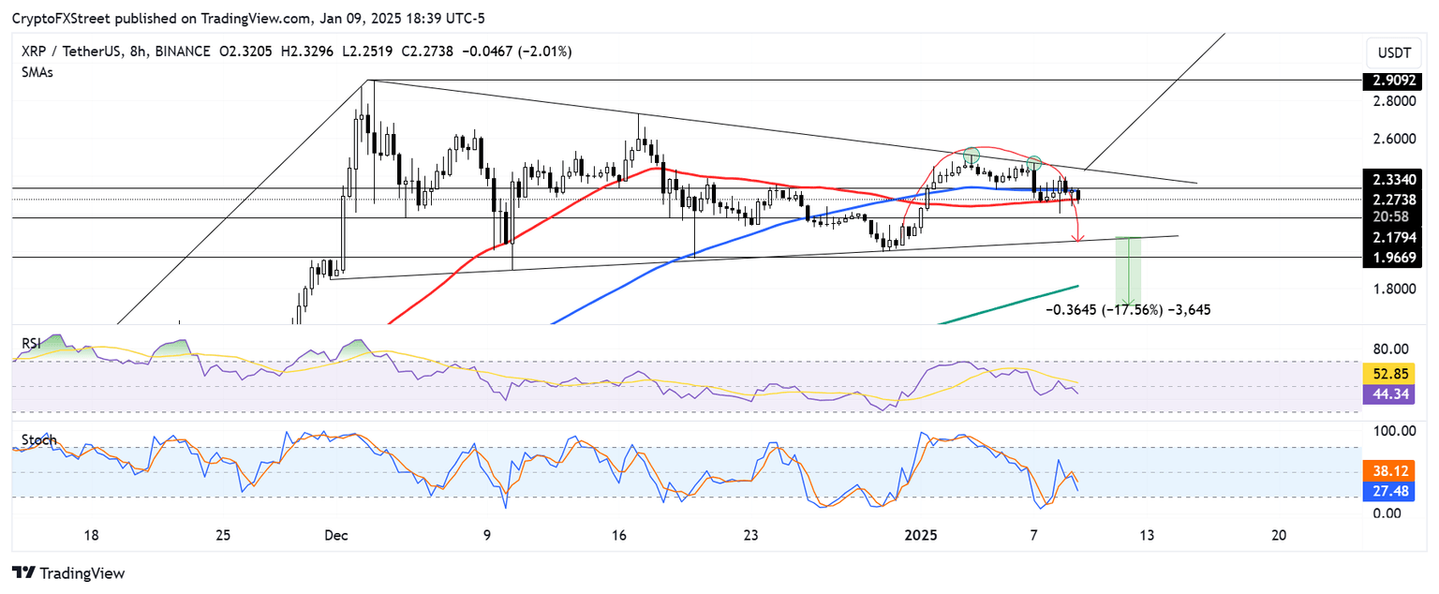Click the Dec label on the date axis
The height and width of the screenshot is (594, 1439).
coord(335,535)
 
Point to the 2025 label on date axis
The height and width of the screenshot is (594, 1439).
coord(921,535)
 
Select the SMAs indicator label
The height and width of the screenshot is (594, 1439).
coord(37,72)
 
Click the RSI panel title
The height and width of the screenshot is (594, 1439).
coord(32,344)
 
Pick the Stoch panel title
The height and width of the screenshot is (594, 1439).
coord(38,439)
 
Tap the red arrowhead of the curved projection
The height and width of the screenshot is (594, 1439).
coord(1077,240)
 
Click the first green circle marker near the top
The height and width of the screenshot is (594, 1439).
coord(972,154)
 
